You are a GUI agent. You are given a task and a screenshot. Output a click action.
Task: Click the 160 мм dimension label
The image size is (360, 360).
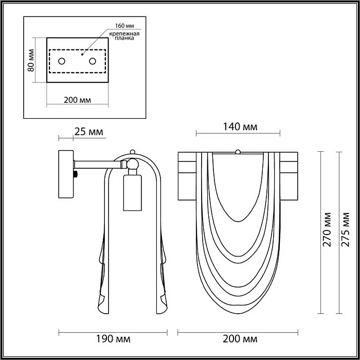(124, 26)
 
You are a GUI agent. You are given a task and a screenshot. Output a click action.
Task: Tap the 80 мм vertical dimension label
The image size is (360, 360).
(31, 60)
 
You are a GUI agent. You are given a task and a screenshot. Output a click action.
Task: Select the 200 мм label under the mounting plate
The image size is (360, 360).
(77, 100)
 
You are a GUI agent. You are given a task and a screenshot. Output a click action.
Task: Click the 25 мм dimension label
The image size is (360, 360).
(88, 132)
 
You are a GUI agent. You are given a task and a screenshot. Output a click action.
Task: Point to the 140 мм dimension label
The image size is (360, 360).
(240, 127)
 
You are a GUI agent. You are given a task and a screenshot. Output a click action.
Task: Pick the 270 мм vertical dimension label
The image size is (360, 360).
(327, 229)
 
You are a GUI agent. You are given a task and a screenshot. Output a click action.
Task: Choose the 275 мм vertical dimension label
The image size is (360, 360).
(345, 229)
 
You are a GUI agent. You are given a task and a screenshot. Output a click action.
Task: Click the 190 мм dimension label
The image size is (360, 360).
(113, 339)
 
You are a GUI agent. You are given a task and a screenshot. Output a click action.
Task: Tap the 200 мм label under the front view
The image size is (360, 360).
(240, 339)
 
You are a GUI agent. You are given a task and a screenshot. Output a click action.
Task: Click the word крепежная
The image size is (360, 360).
(124, 34)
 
